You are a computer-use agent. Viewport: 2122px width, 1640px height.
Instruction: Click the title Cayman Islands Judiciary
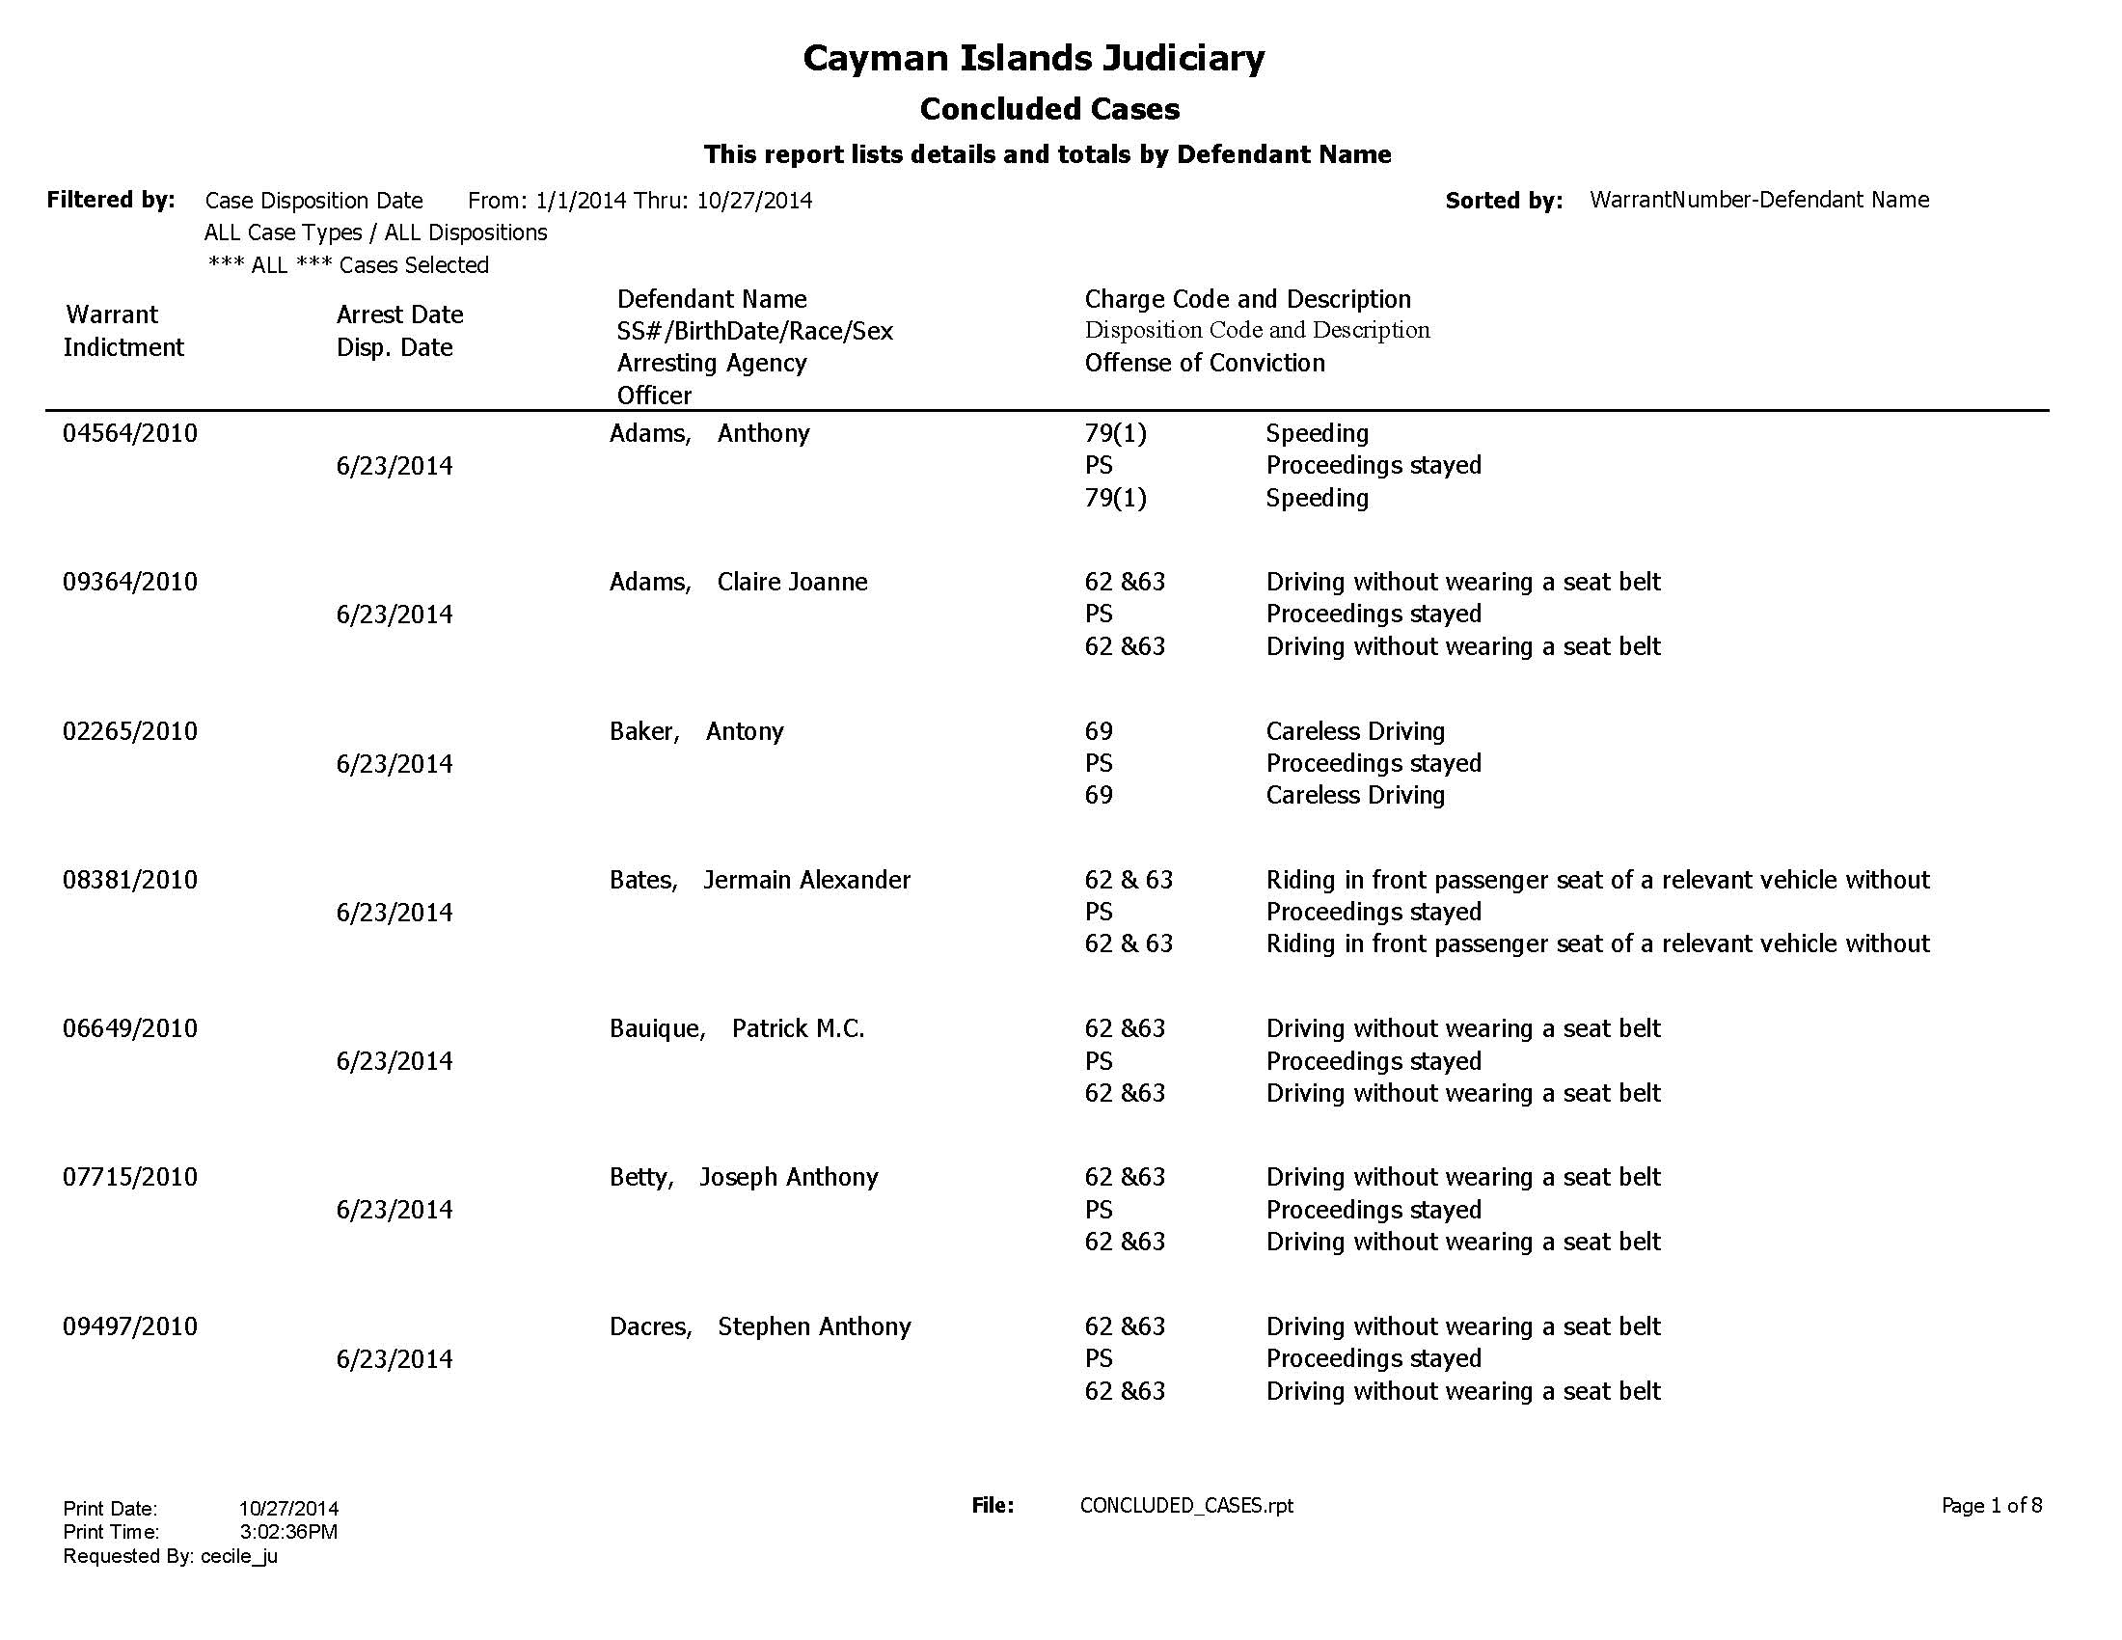[x=1033, y=58]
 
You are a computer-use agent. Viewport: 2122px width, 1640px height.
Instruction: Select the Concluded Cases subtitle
[x=1049, y=109]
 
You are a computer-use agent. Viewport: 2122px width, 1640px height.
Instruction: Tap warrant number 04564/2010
[x=130, y=433]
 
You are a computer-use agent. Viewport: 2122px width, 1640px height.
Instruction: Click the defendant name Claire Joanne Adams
[x=739, y=582]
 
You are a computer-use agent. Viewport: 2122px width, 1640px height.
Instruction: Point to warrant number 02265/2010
[x=130, y=730]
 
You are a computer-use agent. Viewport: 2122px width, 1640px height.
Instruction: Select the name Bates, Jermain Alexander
[x=760, y=880]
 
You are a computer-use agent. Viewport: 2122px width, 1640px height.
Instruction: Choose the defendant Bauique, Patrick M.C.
[x=737, y=1029]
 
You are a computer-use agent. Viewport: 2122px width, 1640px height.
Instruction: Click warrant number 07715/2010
[x=130, y=1178]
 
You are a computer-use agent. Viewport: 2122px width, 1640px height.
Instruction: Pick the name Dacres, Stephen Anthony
[x=760, y=1327]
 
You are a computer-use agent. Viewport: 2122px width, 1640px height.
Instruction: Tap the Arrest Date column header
[x=399, y=314]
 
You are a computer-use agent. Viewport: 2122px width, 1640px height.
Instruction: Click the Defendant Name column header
[x=711, y=299]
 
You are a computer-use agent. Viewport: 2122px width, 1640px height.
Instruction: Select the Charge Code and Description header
[x=1247, y=299]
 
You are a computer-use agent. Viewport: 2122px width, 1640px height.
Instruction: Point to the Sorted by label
[x=1503, y=201]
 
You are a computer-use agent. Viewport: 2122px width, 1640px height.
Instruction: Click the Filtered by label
[x=111, y=200]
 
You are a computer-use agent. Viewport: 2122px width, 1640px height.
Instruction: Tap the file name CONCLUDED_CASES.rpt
[x=1186, y=1505]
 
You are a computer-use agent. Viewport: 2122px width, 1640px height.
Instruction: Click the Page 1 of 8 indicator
[x=1991, y=1505]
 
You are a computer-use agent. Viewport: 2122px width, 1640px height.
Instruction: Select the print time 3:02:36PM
[x=288, y=1532]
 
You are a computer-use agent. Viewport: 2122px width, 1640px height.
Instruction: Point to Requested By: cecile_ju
[x=170, y=1556]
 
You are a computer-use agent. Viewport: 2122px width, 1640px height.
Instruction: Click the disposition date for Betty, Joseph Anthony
[x=394, y=1210]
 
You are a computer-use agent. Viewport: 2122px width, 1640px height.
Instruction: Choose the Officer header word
[x=654, y=396]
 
